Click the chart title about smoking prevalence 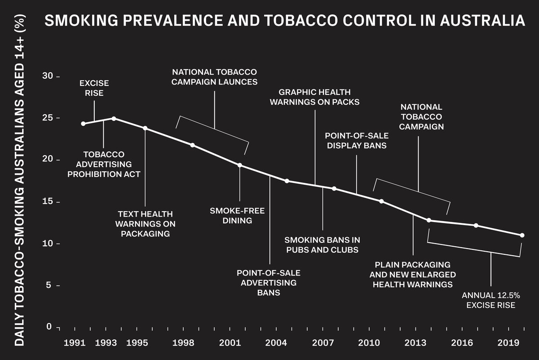coord(285,21)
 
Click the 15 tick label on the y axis coord(48,202)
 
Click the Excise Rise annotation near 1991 coord(94,88)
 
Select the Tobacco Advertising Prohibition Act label coord(104,164)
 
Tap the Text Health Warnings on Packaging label coord(145,224)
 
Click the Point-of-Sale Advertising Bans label coord(269,283)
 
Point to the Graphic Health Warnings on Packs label coord(314,97)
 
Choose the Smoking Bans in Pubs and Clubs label coord(323,245)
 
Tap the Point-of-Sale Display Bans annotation coord(357,140)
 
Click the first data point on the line coord(83,124)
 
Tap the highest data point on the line coord(114,119)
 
